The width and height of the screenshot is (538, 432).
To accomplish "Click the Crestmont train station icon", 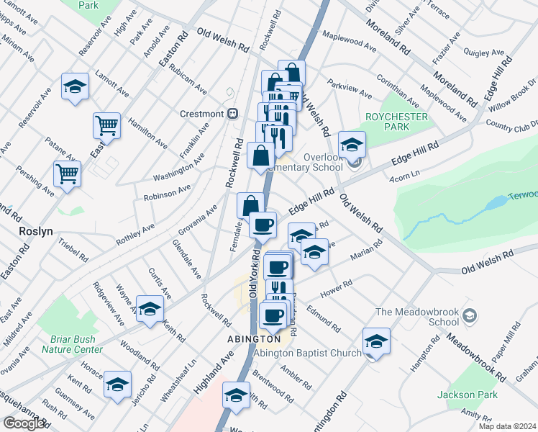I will (232, 114).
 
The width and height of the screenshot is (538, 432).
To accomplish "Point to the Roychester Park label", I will (396, 122).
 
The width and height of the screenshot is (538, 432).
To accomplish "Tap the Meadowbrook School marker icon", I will (470, 315).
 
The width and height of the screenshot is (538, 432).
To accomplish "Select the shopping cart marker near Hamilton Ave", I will (106, 126).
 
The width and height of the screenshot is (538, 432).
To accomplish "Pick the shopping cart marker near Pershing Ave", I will (67, 174).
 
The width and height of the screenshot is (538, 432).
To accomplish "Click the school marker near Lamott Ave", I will (75, 87).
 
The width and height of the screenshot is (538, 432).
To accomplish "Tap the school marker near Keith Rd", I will (150, 310).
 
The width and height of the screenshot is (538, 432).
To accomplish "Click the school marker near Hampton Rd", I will (375, 341).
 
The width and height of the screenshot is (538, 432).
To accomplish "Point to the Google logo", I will (24, 423).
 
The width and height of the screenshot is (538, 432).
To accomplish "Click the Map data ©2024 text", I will (507, 426).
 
